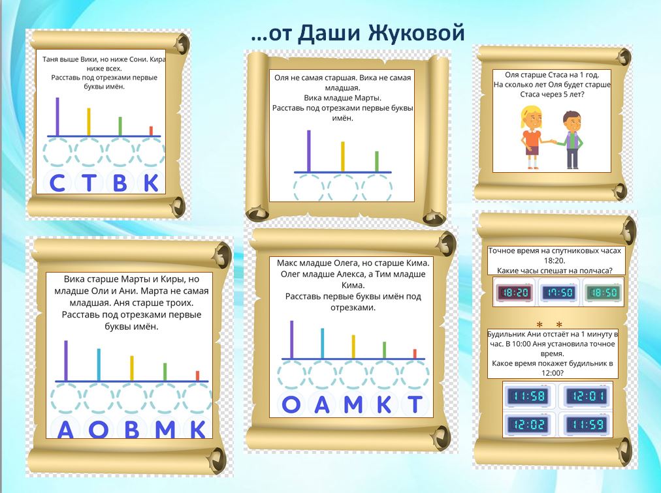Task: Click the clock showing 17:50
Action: click(558, 292)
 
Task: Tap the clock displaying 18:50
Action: click(604, 292)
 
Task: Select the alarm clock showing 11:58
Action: click(528, 396)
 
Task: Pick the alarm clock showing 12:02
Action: click(528, 424)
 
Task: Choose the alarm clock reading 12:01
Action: click(587, 396)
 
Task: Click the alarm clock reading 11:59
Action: click(587, 424)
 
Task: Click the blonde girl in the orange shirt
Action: click(532, 137)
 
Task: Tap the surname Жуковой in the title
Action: click(416, 33)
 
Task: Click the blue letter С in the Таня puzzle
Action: click(57, 183)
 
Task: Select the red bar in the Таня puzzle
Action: click(151, 131)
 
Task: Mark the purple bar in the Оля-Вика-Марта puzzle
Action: click(308, 151)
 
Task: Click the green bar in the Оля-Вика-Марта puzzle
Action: click(377, 162)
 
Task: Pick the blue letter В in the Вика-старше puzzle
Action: click(132, 430)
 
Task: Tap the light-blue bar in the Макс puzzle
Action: click(323, 344)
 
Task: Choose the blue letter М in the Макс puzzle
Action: click(353, 404)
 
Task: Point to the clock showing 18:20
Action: click(514, 292)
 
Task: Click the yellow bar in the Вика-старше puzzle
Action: click(132, 368)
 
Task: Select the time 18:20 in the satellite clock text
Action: click(555, 261)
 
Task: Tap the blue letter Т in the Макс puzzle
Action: click(415, 404)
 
